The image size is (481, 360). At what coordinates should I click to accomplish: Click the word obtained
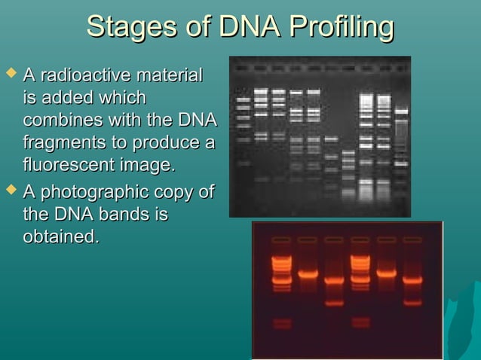[x=61, y=236]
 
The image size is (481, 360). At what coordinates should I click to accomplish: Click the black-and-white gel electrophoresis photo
[x=320, y=136]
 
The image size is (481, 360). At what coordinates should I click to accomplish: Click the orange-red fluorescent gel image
[x=347, y=290]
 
